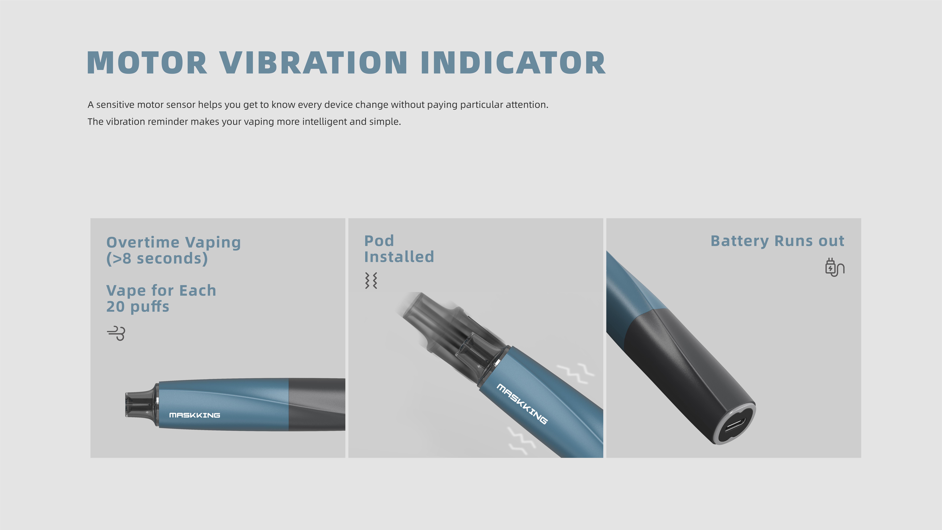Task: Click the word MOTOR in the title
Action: coord(147,63)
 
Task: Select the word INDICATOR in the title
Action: coord(513,63)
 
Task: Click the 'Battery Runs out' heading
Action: coord(777,241)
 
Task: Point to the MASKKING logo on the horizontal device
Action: coord(194,415)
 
